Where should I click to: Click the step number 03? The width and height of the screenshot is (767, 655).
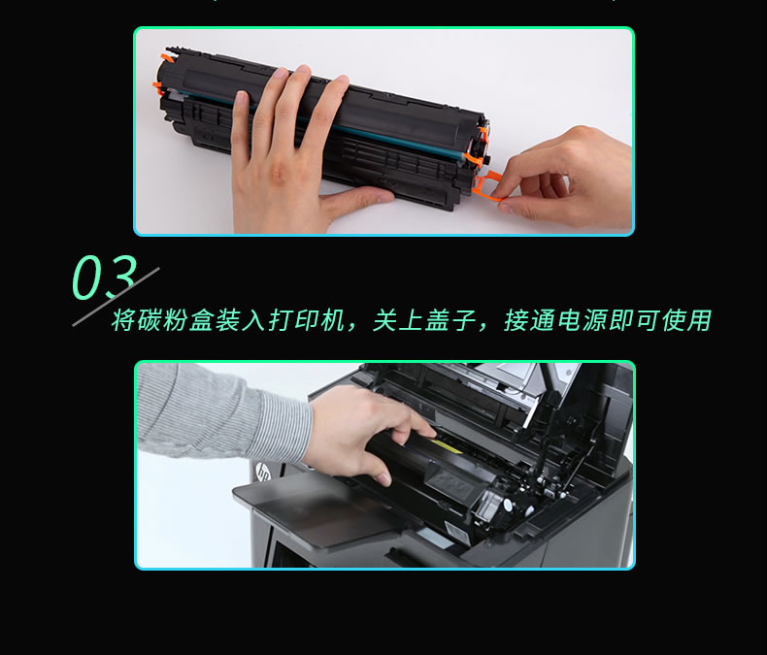(104, 277)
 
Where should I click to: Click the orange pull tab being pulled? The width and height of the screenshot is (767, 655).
(486, 186)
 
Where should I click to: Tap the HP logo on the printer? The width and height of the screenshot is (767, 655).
(263, 473)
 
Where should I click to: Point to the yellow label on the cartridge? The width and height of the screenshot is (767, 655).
(444, 445)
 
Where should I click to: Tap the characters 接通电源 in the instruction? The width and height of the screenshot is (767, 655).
(555, 320)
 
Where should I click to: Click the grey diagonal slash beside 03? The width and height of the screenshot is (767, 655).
(116, 297)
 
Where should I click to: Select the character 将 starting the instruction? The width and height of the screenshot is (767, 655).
(122, 320)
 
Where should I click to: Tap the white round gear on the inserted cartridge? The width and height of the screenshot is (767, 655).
(507, 505)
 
